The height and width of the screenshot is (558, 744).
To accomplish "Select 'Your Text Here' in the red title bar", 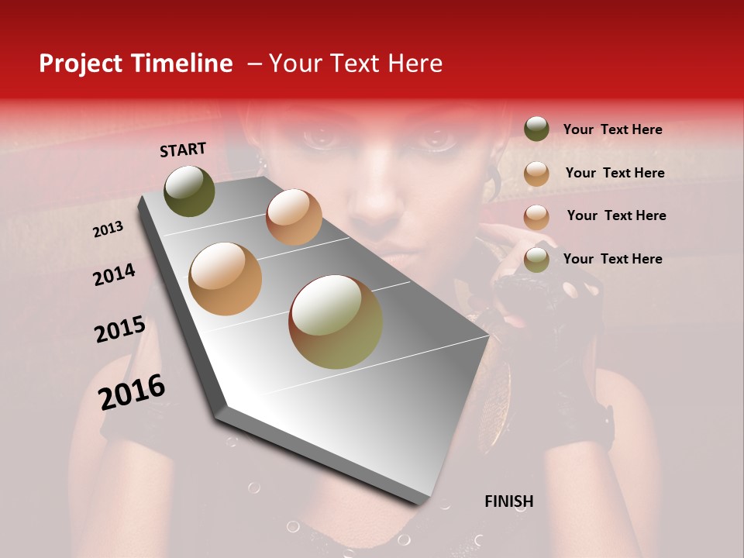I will click(356, 64).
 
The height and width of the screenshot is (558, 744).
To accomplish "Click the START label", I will click(183, 150).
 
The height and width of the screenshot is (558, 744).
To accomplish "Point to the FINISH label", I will click(508, 501).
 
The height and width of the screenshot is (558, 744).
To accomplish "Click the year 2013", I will click(108, 229).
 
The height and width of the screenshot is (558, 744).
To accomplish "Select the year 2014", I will click(114, 274).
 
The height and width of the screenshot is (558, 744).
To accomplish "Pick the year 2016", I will click(132, 392).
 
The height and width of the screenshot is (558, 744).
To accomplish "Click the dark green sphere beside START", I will click(189, 191).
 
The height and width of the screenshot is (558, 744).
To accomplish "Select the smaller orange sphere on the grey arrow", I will click(294, 217).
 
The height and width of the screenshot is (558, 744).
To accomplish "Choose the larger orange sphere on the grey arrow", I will click(226, 279).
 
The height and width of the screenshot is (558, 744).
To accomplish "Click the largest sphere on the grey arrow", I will click(336, 322).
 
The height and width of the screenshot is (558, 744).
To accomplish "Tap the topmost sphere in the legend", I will click(536, 129).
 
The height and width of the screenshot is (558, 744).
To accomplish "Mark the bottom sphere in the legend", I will click(536, 260).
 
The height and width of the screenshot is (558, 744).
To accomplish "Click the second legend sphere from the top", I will click(536, 174).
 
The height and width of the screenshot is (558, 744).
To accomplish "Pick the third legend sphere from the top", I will click(536, 217).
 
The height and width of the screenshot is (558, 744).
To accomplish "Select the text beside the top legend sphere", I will click(612, 129).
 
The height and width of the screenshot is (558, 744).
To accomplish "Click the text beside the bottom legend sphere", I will click(612, 259).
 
